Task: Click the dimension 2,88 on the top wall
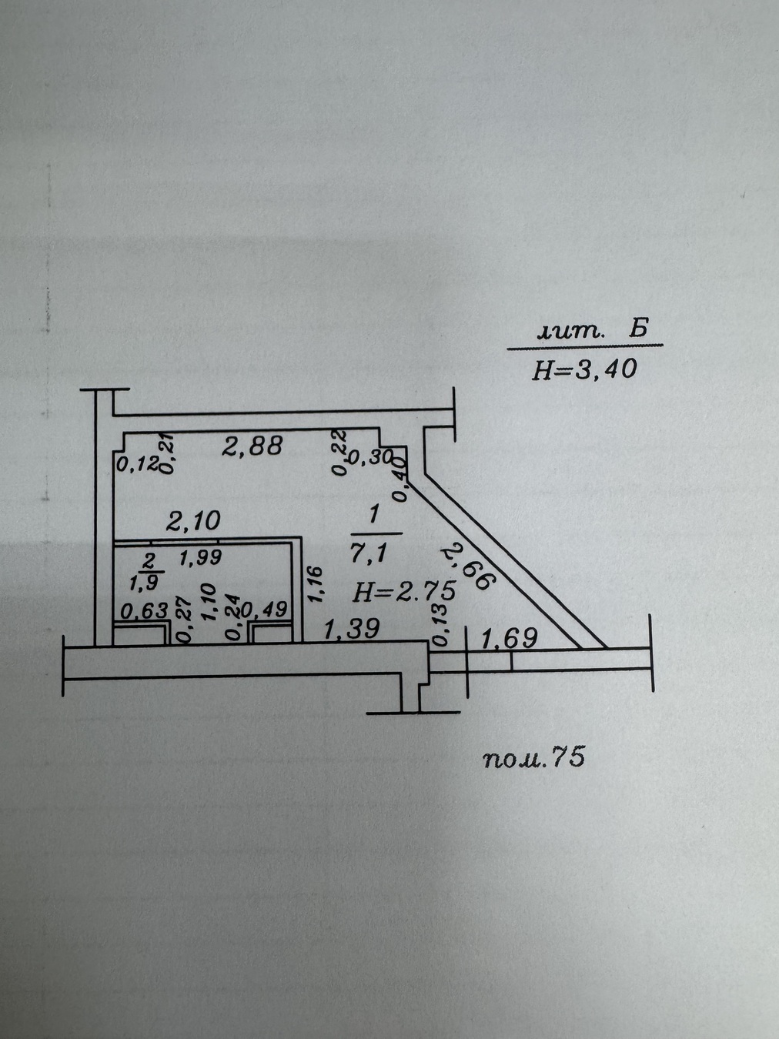click(x=252, y=446)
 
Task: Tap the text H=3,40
click(x=584, y=369)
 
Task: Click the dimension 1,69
click(x=510, y=639)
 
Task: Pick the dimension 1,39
click(x=351, y=629)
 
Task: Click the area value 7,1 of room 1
click(x=369, y=553)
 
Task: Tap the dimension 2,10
click(x=192, y=520)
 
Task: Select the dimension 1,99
click(x=200, y=559)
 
